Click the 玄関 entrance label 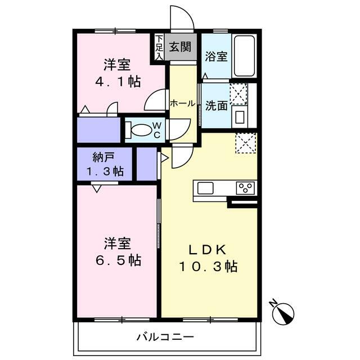click(x=180, y=47)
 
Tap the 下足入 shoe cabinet click(x=159, y=47)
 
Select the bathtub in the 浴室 click(x=244, y=56)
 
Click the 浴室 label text click(x=216, y=56)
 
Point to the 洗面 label click(x=216, y=106)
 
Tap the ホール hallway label click(x=182, y=103)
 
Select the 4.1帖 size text click(x=118, y=81)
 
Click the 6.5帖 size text click(x=118, y=260)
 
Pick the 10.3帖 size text click(x=208, y=267)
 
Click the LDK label click(x=208, y=250)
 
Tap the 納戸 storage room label click(x=103, y=157)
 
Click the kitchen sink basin click(x=205, y=188)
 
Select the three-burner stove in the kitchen click(x=245, y=188)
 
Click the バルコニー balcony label click(x=165, y=337)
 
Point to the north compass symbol click(x=283, y=313)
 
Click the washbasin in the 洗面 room click(x=240, y=116)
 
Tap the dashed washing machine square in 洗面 click(x=238, y=94)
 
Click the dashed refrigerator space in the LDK click(x=245, y=143)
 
